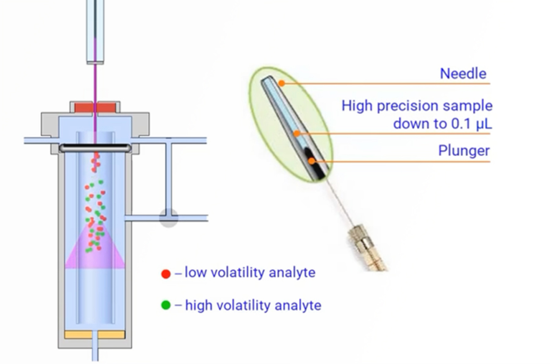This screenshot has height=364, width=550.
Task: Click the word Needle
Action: [463, 74]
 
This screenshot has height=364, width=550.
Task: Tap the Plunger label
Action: [464, 151]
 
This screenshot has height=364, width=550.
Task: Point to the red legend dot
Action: [166, 274]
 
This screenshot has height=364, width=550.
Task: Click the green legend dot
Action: [166, 305]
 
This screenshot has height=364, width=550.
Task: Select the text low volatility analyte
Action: [250, 273]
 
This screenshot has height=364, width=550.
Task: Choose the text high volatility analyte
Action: [253, 305]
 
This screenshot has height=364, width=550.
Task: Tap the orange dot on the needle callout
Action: [282, 83]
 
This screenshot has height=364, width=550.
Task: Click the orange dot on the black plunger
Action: [311, 161]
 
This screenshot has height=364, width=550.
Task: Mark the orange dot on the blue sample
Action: [296, 134]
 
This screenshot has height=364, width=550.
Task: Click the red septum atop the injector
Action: [95, 107]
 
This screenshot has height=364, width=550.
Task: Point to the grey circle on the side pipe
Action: [168, 218]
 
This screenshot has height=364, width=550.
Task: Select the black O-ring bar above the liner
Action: [95, 148]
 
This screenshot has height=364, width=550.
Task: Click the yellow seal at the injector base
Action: [95, 334]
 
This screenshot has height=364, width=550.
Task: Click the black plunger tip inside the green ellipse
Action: [315, 165]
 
